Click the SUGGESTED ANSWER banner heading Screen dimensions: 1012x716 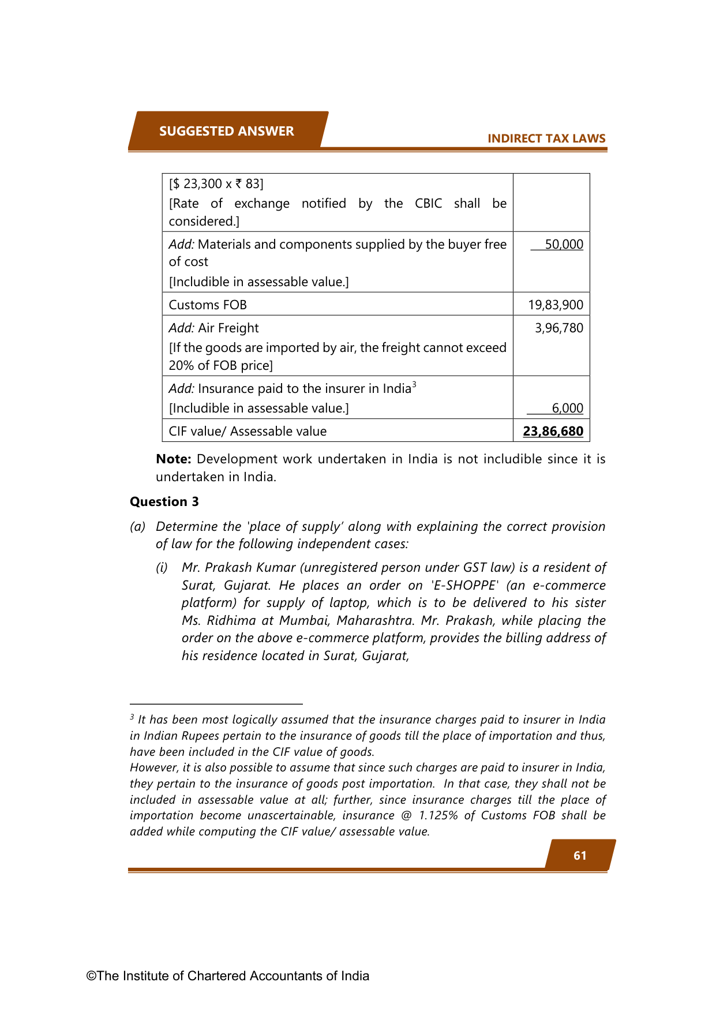(x=226, y=131)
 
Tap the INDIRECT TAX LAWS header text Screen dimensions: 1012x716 (x=546, y=138)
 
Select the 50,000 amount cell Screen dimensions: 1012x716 (x=564, y=244)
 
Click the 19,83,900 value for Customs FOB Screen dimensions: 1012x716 (x=556, y=305)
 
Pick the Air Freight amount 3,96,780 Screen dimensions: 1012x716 (x=558, y=328)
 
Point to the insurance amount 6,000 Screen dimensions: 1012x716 (x=567, y=408)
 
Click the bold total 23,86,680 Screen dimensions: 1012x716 (x=553, y=431)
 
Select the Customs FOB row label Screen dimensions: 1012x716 (x=208, y=305)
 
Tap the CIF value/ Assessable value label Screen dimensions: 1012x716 (x=248, y=431)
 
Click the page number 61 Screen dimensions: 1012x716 (x=580, y=855)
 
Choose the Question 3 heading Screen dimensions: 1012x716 (x=164, y=501)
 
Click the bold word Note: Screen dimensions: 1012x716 (x=174, y=459)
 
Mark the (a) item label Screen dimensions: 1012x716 (x=137, y=526)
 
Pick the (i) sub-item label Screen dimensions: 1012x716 (x=162, y=567)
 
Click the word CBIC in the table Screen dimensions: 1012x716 (x=428, y=203)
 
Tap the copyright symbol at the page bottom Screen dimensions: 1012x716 (x=91, y=976)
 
